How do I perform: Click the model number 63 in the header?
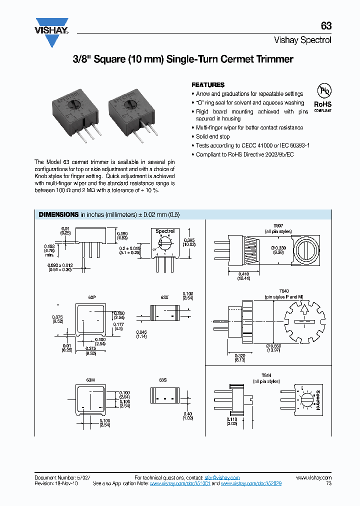click(x=326, y=26)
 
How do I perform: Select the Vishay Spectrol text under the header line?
click(x=302, y=40)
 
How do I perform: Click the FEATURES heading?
click(x=208, y=85)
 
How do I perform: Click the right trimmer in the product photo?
click(x=131, y=112)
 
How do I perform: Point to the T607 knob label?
click(x=277, y=226)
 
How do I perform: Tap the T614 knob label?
click(x=265, y=375)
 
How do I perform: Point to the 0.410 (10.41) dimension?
click(x=244, y=276)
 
